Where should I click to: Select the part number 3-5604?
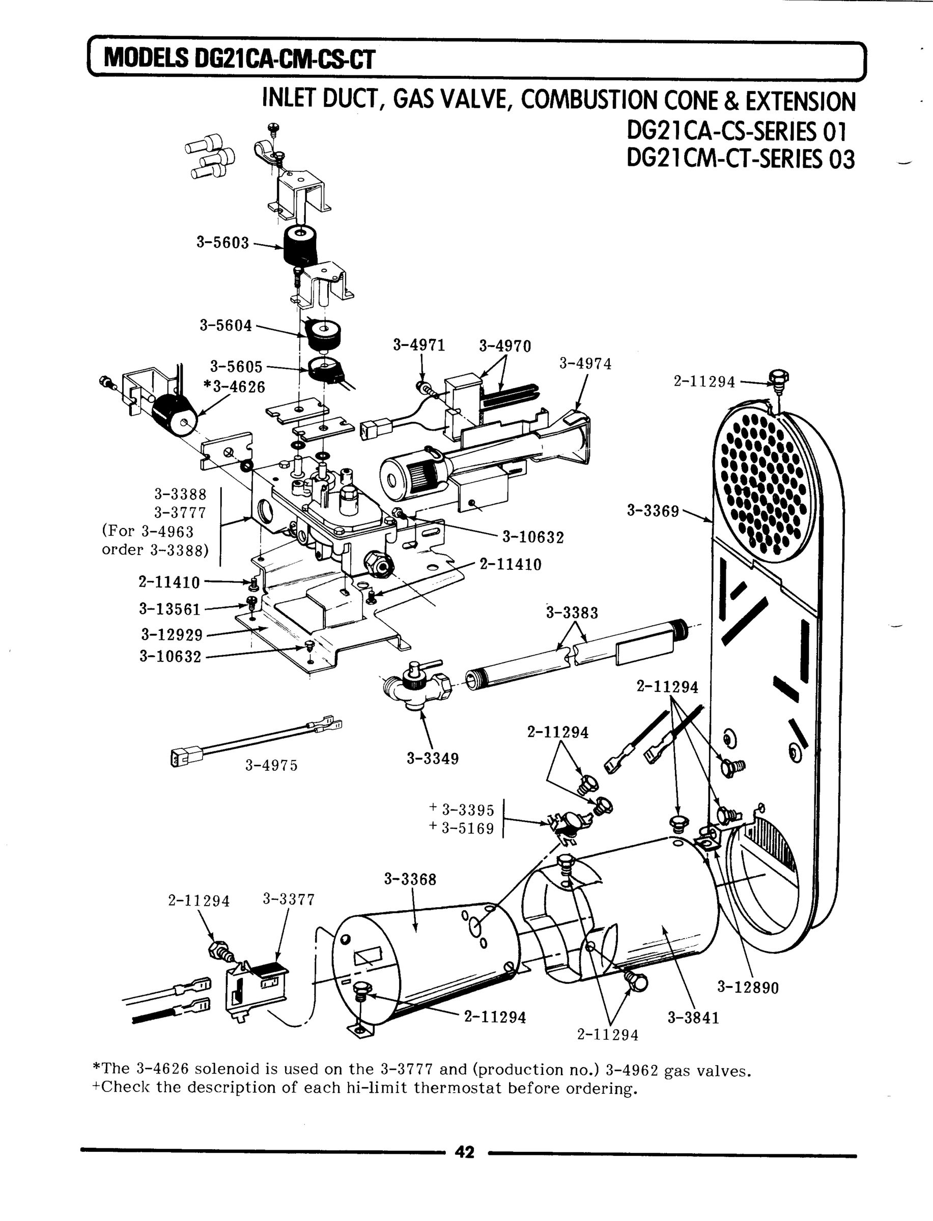[x=225, y=325]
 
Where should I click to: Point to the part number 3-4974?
[x=585, y=364]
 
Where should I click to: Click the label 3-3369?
[x=653, y=511]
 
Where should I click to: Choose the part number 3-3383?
[x=572, y=613]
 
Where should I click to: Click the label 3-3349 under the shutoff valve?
[x=433, y=759]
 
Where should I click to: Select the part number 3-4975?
[x=272, y=766]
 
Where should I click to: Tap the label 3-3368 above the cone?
[x=410, y=879]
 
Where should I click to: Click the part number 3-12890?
[x=748, y=987]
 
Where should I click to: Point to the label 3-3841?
[x=693, y=1018]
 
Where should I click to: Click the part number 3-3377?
[x=288, y=899]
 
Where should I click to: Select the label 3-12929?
[x=172, y=634]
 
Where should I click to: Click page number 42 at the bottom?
[x=464, y=1153]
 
